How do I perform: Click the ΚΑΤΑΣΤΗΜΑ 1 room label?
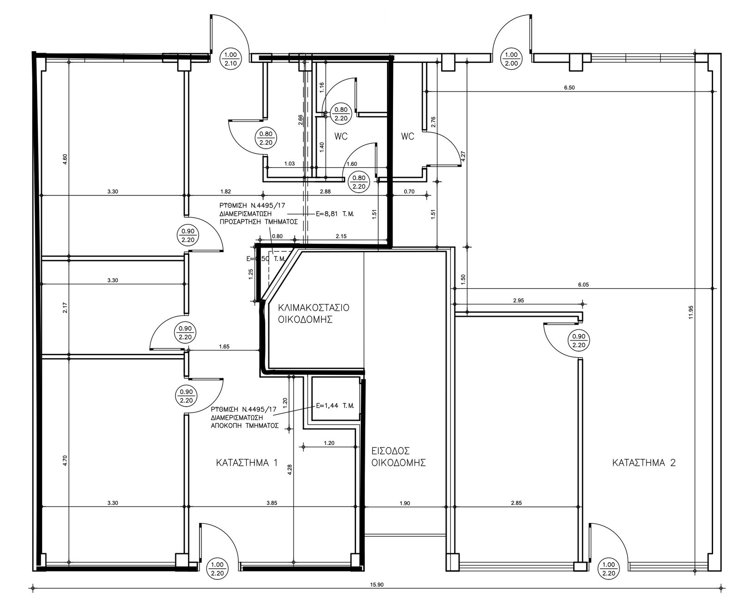(x=247, y=463)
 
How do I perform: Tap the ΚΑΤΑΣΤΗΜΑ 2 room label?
(x=644, y=463)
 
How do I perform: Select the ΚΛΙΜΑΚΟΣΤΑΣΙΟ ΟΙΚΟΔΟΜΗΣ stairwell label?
(x=313, y=313)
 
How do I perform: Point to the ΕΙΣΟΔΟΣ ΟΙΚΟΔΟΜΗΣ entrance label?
(x=399, y=456)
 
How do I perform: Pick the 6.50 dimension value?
(x=569, y=88)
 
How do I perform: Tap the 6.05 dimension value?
(x=583, y=285)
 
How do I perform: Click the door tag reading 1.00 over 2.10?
(x=230, y=59)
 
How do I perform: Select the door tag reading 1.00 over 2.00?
(x=511, y=59)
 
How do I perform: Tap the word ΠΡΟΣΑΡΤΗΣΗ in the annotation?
(x=241, y=222)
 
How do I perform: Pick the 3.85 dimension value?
(x=272, y=503)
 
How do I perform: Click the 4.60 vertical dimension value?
(x=65, y=159)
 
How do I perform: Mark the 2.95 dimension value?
(x=519, y=300)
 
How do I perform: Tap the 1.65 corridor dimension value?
(x=224, y=347)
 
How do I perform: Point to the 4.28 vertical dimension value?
(x=290, y=469)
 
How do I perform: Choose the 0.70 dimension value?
(x=409, y=192)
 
